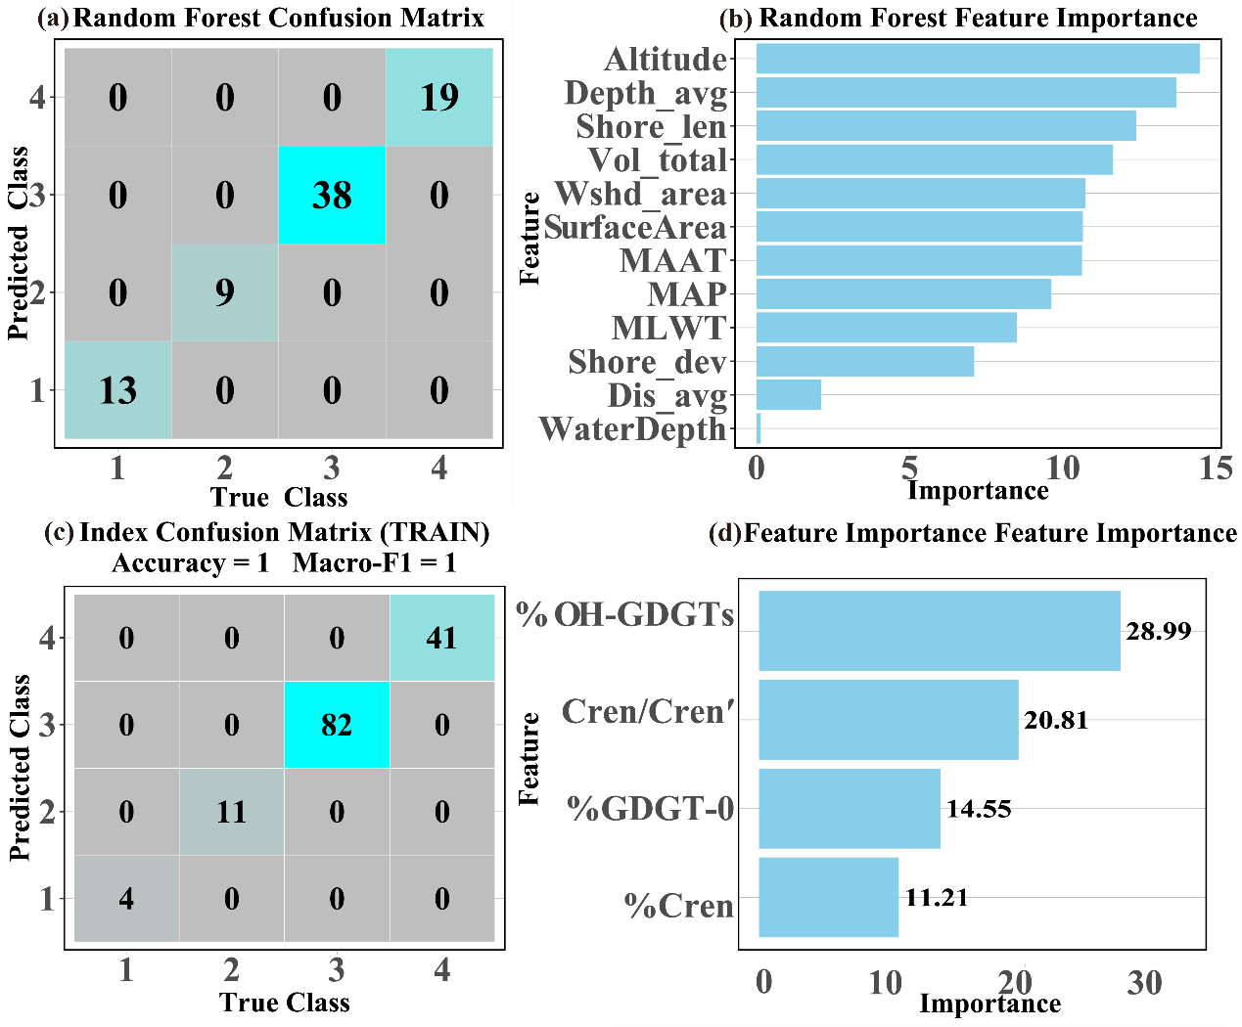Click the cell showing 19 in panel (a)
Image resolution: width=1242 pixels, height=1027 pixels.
(x=439, y=97)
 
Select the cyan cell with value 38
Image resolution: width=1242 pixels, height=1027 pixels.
(x=332, y=195)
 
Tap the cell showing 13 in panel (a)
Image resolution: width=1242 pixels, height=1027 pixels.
(x=117, y=390)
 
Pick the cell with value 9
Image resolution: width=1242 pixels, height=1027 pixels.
(x=225, y=292)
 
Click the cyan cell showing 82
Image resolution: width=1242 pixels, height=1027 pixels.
(x=337, y=725)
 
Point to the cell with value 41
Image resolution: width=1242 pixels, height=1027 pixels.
(x=441, y=638)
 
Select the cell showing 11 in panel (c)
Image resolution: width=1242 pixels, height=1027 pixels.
(x=232, y=812)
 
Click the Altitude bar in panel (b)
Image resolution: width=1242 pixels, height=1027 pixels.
(x=977, y=59)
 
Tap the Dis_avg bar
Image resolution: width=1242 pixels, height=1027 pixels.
(x=788, y=395)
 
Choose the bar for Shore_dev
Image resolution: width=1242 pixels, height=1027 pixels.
(x=864, y=361)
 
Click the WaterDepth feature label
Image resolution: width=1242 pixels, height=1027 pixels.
(x=633, y=428)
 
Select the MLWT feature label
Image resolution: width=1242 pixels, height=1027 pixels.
(x=669, y=328)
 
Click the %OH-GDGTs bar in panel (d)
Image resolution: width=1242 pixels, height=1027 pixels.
(x=939, y=631)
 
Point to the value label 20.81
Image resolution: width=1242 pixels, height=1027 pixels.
(x=1056, y=720)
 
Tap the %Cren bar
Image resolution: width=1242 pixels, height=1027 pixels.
(x=828, y=898)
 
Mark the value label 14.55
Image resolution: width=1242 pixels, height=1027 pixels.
(x=979, y=809)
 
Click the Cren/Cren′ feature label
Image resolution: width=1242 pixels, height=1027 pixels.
(x=647, y=711)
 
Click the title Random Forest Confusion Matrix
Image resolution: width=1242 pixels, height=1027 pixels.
(x=279, y=18)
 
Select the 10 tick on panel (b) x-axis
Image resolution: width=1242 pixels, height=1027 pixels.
(x=1063, y=469)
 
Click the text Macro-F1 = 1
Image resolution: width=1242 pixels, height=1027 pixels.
(x=374, y=563)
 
